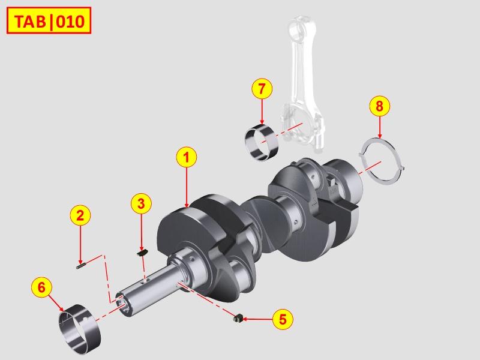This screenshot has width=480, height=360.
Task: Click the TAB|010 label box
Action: click(49, 20)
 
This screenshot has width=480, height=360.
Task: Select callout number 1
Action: click(186, 157)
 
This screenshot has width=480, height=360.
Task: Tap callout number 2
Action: click(80, 215)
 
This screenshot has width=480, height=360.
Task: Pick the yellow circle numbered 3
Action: click(141, 203)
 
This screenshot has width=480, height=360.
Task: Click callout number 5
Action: click(283, 319)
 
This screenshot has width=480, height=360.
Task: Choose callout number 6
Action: click(41, 287)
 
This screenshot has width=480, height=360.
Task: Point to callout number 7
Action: click(262, 89)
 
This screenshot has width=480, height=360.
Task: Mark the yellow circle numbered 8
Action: click(380, 106)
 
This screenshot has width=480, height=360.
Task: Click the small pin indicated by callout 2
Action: click(80, 266)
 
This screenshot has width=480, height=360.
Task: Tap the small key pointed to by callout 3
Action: click(142, 253)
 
